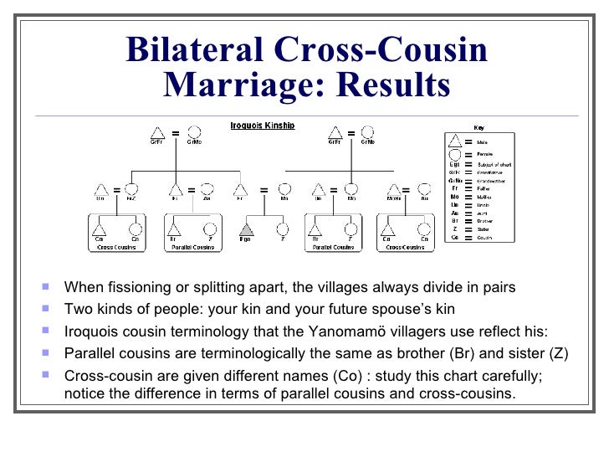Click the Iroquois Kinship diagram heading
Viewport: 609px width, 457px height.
(x=262, y=126)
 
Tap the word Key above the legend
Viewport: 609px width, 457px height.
(x=478, y=127)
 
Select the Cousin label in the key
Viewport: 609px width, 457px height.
(x=484, y=238)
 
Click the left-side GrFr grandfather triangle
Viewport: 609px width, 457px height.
(x=156, y=132)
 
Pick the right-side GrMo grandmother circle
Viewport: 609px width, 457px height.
(x=369, y=132)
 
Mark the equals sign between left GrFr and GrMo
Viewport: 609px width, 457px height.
(x=176, y=133)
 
